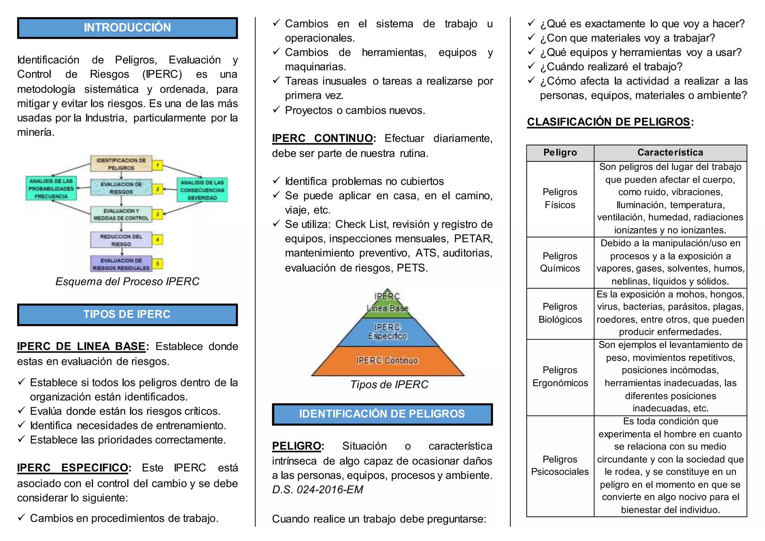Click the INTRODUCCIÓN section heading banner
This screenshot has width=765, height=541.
[127, 28]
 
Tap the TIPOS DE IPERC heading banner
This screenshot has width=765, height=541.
[127, 314]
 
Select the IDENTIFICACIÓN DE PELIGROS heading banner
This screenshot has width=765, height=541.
[382, 414]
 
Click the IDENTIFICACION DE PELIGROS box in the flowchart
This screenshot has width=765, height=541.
[121, 164]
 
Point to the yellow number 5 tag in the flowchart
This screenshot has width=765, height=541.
[158, 264]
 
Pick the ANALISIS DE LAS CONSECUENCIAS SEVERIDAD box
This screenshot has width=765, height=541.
[202, 190]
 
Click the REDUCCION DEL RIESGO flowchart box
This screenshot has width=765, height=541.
[121, 240]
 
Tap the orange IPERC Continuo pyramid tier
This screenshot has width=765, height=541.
[387, 361]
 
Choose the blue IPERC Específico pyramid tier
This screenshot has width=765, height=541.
[387, 332]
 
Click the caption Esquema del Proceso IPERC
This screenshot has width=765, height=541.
[127, 281]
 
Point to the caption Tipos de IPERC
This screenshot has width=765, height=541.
[389, 384]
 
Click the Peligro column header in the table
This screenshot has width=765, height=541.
[560, 152]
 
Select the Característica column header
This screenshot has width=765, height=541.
[670, 152]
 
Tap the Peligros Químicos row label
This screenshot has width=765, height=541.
[560, 262]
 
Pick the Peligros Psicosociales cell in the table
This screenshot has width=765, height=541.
[560, 466]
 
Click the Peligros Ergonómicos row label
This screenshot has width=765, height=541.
[560, 377]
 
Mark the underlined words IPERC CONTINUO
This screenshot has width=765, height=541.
[322, 138]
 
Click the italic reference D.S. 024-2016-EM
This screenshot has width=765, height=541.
[318, 489]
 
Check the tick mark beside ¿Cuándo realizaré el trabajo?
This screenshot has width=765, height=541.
[532, 66]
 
